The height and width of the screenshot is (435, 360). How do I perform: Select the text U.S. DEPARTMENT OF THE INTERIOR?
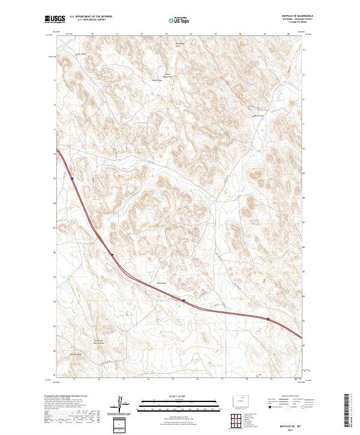click(91, 17)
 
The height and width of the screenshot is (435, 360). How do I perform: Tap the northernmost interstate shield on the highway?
click(72, 178)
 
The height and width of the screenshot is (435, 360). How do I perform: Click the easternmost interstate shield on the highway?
click(268, 319)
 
